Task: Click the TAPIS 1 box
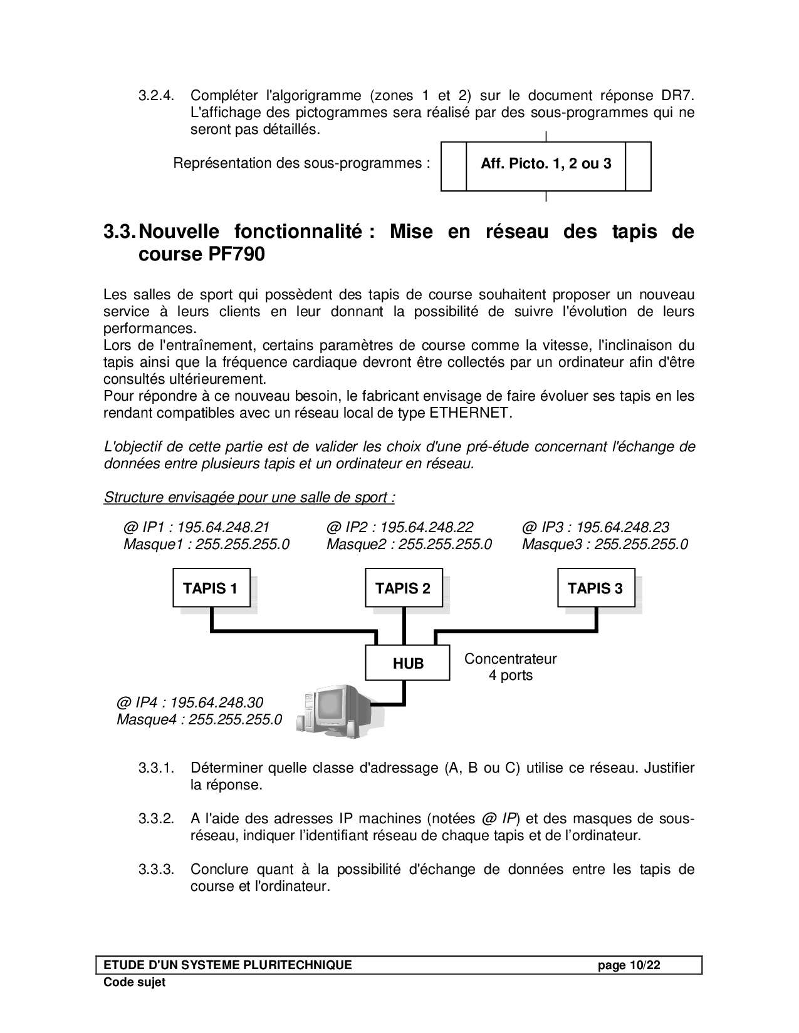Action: (211, 588)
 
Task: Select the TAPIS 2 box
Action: (404, 588)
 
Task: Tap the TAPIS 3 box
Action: (596, 588)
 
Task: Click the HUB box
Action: (408, 664)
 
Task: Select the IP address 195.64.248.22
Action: (427, 527)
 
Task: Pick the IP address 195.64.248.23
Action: (622, 527)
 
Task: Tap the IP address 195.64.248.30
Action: (217, 702)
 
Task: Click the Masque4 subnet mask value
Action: (235, 719)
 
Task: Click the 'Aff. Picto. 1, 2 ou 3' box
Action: (546, 165)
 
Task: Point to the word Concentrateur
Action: (511, 659)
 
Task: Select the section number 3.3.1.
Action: (156, 768)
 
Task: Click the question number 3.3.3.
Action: (156, 870)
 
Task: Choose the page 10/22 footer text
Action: (629, 965)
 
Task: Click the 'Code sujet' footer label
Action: (135, 982)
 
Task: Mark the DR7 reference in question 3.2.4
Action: (678, 96)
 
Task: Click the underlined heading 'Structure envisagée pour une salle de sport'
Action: (249, 498)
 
